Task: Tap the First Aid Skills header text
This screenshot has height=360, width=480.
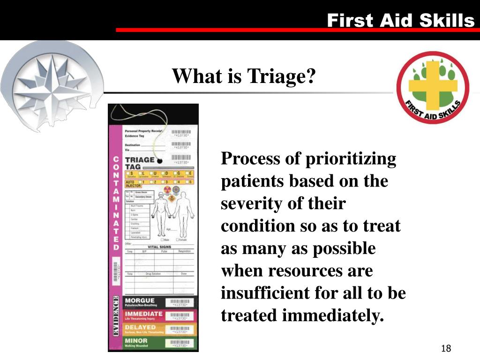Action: coord(400,21)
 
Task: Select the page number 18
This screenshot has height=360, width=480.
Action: coord(446,348)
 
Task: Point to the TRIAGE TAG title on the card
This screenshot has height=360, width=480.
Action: coord(140,163)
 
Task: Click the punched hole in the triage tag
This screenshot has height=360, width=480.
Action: coord(159,161)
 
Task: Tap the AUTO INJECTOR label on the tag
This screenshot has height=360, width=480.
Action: coord(133,184)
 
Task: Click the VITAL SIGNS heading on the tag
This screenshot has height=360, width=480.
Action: coord(159,247)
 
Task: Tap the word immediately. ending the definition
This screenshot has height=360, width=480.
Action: coord(333,316)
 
